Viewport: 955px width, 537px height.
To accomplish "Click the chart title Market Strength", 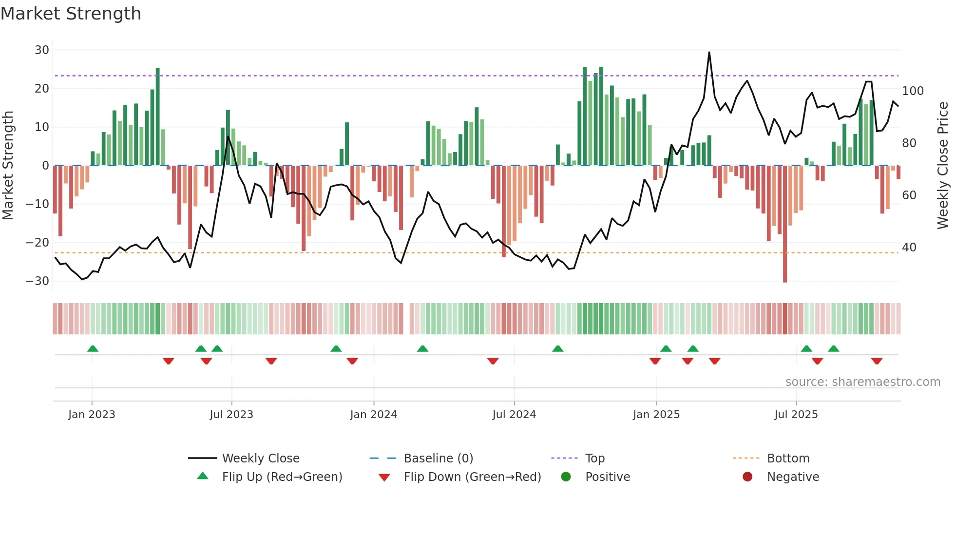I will pos(71,14).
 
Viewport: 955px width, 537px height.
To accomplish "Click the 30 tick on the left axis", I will pos(42,50).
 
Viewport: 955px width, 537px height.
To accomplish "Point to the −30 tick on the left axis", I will pos(38,281).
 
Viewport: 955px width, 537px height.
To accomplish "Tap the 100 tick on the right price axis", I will pos(913,91).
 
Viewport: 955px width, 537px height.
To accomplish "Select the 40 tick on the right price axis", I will pos(909,248).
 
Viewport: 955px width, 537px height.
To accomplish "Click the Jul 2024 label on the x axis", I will pos(514,415).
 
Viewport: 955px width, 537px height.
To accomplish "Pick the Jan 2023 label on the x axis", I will pos(92,415).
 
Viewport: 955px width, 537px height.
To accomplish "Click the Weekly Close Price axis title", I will pos(943,166).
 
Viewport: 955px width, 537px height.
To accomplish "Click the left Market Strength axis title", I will pos(8,166).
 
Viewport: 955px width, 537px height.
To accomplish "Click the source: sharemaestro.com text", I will pos(862,382).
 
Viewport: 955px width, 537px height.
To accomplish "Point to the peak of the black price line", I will pos(709,53).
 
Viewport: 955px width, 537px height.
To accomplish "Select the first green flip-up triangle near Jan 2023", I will pos(93,348).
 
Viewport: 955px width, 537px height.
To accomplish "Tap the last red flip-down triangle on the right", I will pos(877,361).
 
